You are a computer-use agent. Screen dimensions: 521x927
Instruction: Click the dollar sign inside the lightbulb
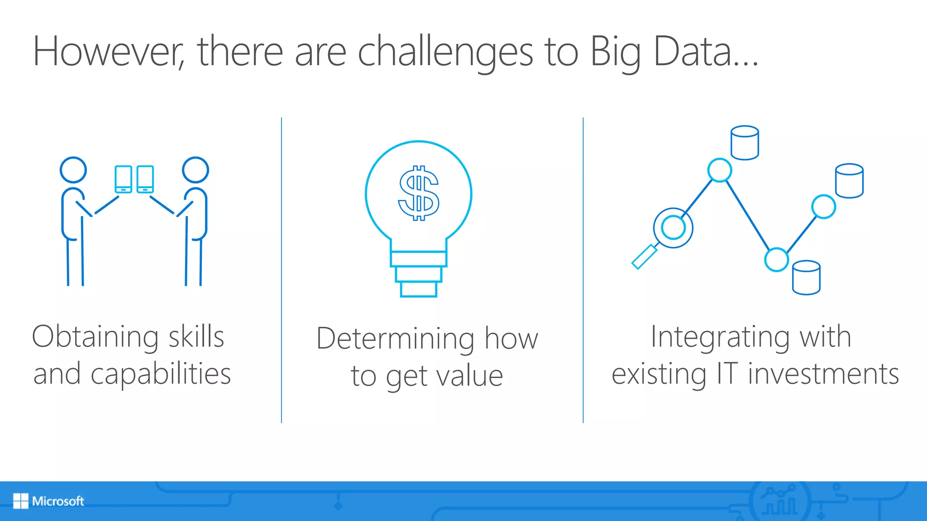pyautogui.click(x=419, y=193)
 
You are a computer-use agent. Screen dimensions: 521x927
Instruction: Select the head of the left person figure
pyautogui.click(x=73, y=170)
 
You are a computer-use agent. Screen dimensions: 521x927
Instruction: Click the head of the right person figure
pyautogui.click(x=195, y=170)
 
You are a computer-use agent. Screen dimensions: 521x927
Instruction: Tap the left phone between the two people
pyautogui.click(x=123, y=179)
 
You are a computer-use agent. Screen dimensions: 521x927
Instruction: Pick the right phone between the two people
pyautogui.click(x=145, y=179)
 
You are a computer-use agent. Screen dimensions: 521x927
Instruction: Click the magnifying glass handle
pyautogui.click(x=644, y=257)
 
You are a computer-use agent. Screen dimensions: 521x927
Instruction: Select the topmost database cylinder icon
pyautogui.click(x=745, y=143)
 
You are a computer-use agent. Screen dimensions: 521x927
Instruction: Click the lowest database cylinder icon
pyautogui.click(x=806, y=278)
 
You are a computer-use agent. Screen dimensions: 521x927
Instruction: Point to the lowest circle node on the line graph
pyautogui.click(x=776, y=260)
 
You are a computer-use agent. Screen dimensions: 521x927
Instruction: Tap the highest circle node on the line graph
pyautogui.click(x=719, y=170)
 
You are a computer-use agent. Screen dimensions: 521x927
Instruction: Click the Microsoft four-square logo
pyautogui.click(x=20, y=501)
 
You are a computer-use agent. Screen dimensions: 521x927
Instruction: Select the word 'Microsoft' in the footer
pyautogui.click(x=58, y=501)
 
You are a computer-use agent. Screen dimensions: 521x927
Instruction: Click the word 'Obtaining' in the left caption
pyautogui.click(x=95, y=337)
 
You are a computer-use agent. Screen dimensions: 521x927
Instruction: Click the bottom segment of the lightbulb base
pyautogui.click(x=419, y=289)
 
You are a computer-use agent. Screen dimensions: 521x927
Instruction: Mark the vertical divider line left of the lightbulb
pyautogui.click(x=282, y=271)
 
